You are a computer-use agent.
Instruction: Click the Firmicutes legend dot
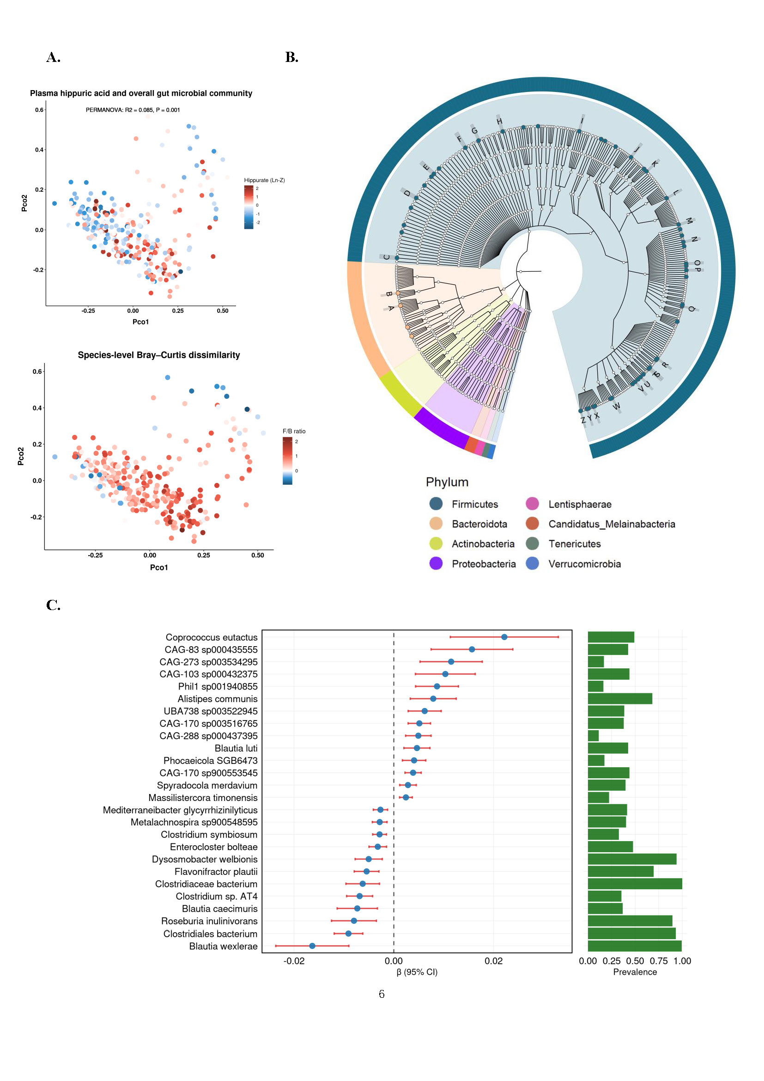click(436, 504)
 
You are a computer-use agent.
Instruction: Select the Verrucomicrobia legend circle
click(532, 563)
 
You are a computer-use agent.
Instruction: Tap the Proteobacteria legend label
click(484, 564)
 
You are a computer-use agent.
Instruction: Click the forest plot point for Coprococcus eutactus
click(504, 637)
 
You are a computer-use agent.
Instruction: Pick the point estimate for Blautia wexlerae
click(312, 946)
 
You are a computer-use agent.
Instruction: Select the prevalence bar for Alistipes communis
click(619, 699)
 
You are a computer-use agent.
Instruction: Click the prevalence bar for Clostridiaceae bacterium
click(635, 884)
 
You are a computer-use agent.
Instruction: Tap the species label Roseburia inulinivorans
click(209, 921)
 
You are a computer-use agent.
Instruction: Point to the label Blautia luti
click(236, 748)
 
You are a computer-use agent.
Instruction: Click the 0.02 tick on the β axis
click(493, 961)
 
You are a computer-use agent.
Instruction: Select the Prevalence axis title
click(635, 972)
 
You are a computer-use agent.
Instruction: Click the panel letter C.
click(53, 605)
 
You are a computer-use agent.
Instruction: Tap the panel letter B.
click(291, 57)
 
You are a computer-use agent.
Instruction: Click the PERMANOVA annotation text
click(133, 110)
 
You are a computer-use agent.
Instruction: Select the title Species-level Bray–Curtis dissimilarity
click(158, 355)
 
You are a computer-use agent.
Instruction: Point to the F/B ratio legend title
click(294, 431)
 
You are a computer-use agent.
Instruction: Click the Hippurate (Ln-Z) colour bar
click(249, 207)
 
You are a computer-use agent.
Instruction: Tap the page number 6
click(382, 994)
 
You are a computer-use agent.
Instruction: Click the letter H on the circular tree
click(500, 121)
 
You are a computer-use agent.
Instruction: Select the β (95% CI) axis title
click(417, 972)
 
